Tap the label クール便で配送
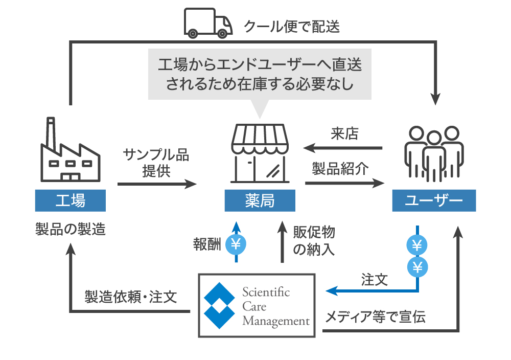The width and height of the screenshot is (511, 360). pos(292,26)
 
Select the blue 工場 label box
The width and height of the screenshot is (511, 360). pos(71,201)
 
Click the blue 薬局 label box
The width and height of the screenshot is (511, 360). pos(260,201)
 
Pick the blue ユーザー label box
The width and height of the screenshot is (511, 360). pos(434,201)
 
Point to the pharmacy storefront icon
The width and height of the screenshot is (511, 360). pos(260,153)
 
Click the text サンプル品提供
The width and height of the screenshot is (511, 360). pos(156,163)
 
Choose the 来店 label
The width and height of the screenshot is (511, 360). pos(345,134)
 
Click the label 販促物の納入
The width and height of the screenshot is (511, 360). pos(314,241)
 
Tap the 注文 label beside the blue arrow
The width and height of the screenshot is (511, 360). pos(374,280)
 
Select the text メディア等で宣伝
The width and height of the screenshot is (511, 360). pos(376,317)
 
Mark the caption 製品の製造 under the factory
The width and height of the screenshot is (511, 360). pos(71,229)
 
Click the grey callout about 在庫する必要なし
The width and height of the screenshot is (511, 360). pos(260,74)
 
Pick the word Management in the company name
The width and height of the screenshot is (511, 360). pos(276,321)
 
